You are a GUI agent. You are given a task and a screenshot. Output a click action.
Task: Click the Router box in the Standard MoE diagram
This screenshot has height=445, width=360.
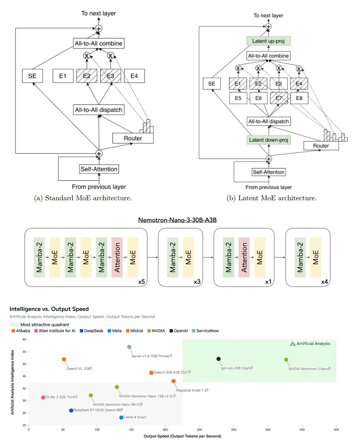coord(133,138)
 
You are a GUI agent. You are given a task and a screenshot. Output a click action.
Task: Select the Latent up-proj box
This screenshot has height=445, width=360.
coord(268,41)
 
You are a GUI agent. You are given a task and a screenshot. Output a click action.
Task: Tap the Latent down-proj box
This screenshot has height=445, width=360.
coord(268,140)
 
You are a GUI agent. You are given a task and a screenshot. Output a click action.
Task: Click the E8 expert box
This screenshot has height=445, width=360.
coord(299,98)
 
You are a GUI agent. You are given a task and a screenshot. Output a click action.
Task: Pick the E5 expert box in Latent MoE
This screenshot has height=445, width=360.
coord(238,98)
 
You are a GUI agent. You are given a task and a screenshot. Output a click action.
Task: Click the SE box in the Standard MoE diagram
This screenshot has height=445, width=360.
coord(32,76)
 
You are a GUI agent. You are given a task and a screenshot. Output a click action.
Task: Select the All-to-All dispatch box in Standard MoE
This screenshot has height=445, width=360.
coord(98,110)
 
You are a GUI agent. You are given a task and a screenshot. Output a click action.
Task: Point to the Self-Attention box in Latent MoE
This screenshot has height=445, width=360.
coord(268,172)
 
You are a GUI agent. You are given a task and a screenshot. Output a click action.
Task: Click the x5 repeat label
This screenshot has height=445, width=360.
coord(141,281)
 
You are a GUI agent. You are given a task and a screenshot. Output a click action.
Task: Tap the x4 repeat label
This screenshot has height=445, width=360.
coord(324,282)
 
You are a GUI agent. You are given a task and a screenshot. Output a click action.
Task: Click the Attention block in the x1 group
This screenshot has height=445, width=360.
coord(244,257)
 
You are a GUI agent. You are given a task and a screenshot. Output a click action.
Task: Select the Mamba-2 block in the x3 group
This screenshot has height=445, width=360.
coord(173,257)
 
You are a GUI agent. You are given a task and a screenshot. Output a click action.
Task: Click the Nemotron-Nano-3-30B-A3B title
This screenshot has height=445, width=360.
coord(177,220)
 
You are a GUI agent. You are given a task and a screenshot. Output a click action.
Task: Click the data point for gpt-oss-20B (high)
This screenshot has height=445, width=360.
coord(219,359)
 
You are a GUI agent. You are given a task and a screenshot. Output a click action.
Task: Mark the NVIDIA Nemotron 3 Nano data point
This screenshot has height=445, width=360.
coord(286,360)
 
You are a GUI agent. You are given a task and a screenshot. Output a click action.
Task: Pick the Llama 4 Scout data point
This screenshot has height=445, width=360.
coord(121,418)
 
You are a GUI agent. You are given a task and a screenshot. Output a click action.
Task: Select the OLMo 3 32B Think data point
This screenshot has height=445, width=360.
coord(43,398)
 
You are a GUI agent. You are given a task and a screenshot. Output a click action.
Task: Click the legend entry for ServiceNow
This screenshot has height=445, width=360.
coord(205,331)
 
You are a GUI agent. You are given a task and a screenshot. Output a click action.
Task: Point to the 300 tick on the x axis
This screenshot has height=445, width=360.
coord(233,429)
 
